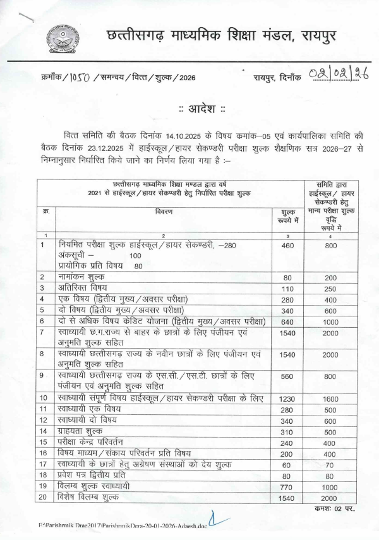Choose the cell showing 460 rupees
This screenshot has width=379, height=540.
coord(287,244)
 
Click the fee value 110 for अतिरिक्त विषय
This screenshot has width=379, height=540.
coord(287,288)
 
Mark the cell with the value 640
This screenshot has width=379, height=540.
coord(287,321)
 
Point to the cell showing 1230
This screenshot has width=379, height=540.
coord(287,399)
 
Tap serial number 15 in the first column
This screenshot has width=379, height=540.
coord(44,443)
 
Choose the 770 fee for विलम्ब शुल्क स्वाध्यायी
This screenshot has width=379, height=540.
coord(287,486)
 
